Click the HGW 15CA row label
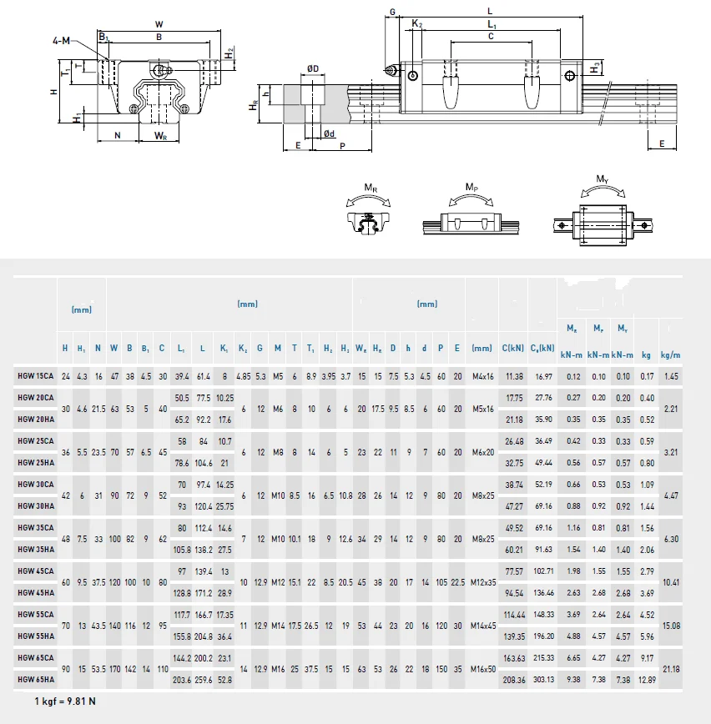[x=35, y=376]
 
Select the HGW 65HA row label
[x=35, y=679]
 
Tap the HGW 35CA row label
[x=35, y=528]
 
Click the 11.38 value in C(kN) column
[x=514, y=376]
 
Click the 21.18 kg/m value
[x=670, y=668]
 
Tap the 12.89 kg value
[x=646, y=679]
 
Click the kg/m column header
[x=670, y=354]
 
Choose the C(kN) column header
[x=513, y=348]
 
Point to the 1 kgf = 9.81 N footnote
[x=65, y=700]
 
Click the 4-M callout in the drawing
[x=61, y=40]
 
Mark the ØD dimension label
[x=312, y=68]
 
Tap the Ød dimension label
[x=330, y=133]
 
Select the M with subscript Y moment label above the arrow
[x=602, y=178]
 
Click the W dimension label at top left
[x=159, y=24]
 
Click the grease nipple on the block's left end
[x=389, y=70]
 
